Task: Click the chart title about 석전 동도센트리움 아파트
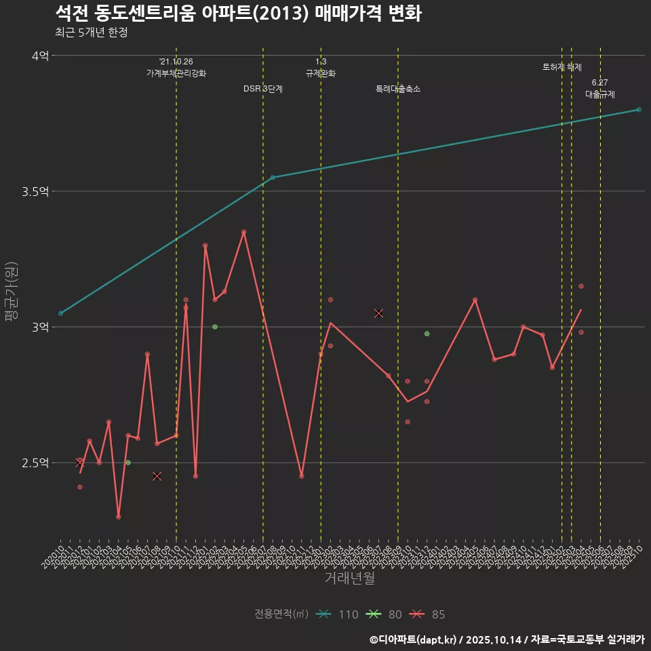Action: (238, 14)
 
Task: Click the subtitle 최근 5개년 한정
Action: (91, 33)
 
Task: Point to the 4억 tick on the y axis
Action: (40, 56)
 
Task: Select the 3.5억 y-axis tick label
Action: (35, 191)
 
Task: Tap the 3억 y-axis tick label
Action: (40, 327)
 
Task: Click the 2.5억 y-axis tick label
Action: (35, 462)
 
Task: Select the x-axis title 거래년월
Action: (349, 578)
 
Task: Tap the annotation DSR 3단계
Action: (263, 89)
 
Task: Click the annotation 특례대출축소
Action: (398, 89)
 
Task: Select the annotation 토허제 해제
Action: (561, 67)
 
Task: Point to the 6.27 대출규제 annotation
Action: (600, 89)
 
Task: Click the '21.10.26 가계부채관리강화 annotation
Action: (176, 67)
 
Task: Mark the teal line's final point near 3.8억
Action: (639, 110)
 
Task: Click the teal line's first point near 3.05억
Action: (60, 313)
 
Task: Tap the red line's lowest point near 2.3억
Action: (119, 517)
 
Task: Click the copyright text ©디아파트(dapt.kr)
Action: (414, 639)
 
